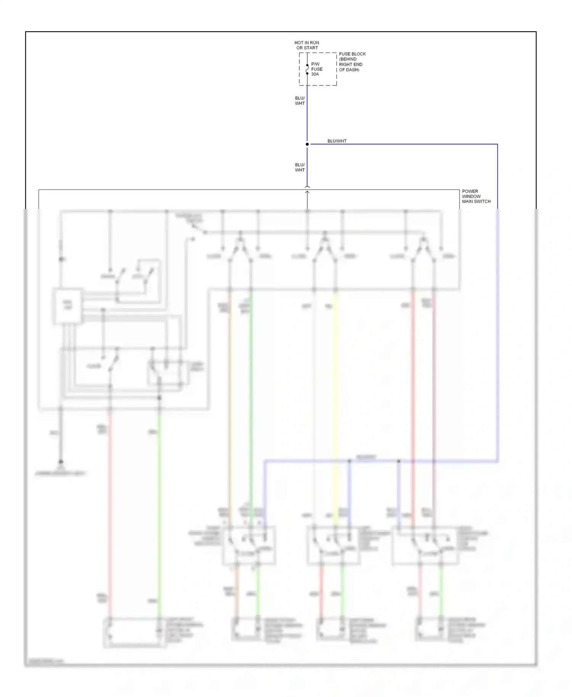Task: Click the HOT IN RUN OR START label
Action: [307, 45]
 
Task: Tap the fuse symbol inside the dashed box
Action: [307, 69]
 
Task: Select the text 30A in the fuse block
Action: [315, 74]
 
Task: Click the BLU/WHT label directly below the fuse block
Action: [300, 101]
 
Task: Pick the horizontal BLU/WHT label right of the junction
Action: [337, 141]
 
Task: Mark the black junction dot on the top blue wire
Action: [307, 144]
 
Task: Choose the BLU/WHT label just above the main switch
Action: [300, 167]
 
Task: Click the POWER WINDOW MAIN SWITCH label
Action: [476, 196]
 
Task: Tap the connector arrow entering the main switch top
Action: [307, 190]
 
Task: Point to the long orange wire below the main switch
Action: [230, 400]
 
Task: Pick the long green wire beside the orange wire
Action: [251, 400]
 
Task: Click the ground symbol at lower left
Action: [61, 462]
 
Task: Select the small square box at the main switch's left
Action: [67, 306]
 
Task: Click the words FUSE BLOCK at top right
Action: [352, 54]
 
